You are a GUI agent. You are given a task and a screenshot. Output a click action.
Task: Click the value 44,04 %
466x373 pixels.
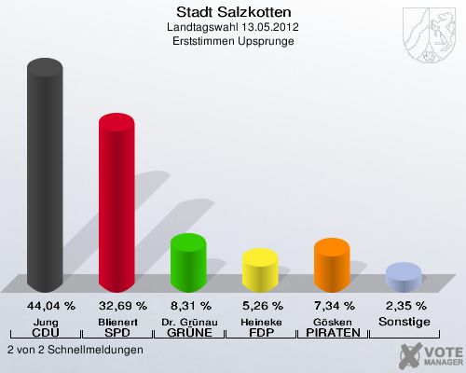44,305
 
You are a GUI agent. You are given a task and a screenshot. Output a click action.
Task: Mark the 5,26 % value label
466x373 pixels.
260,305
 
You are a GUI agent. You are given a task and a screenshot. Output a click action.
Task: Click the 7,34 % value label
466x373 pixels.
332,305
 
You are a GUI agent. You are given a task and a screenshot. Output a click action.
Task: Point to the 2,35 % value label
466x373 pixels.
404,305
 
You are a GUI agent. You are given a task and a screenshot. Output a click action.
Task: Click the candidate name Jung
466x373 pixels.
44,321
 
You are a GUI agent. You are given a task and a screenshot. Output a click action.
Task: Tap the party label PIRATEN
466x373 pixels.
332,333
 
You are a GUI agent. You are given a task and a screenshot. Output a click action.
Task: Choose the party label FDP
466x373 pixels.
260,333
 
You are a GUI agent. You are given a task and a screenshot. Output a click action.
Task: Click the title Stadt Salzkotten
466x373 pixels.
233,12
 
